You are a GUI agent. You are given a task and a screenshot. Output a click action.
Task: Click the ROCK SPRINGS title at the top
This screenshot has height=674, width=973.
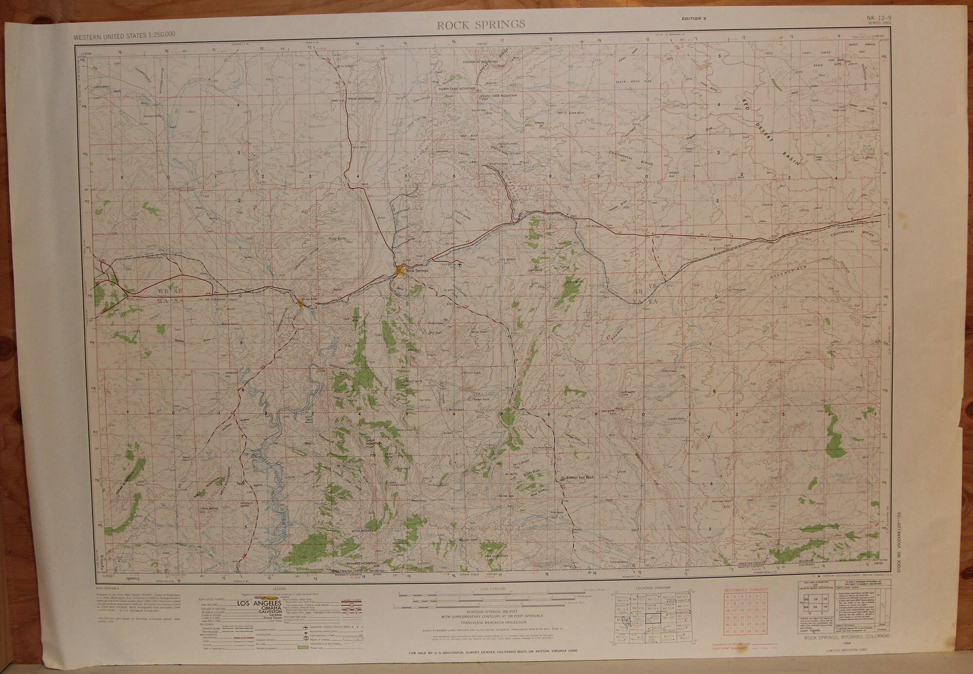pyautogui.click(x=481, y=24)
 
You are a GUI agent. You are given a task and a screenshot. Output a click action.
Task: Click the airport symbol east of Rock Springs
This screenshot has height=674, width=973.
pyautogui.click(x=460, y=265)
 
